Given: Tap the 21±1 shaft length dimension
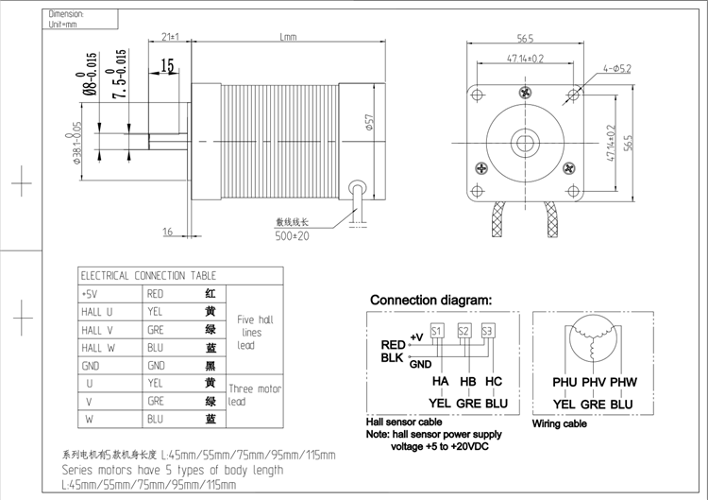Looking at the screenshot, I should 171,37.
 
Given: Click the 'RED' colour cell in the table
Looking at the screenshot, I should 156,294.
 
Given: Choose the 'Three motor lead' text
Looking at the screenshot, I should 255,395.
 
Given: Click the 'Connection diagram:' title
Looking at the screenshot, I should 430,300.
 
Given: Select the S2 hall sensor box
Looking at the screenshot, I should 464,331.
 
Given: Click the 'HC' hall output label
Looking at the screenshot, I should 493,381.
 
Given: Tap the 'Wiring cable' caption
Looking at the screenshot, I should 559,423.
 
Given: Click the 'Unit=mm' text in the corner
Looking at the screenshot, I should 66,25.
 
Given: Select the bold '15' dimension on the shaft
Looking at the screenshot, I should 168,65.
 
